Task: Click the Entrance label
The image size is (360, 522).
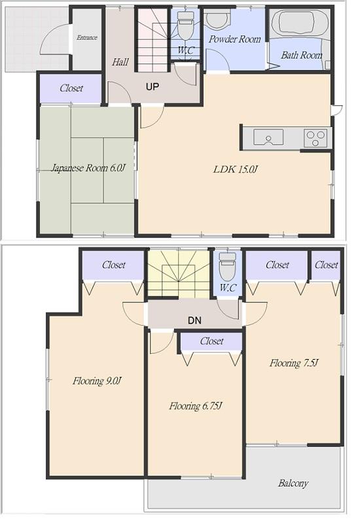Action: tap(86, 38)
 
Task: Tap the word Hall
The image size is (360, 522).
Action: tap(120, 63)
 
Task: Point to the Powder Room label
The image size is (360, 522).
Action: tap(234, 39)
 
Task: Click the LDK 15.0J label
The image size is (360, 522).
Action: tap(236, 169)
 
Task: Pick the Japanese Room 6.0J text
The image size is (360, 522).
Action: tap(88, 168)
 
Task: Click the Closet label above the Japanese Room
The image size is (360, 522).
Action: tap(71, 88)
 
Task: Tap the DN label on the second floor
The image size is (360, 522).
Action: tap(194, 321)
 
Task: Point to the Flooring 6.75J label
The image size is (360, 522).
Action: tap(196, 406)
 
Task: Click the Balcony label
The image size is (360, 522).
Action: tap(293, 483)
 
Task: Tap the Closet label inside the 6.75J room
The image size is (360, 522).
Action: tap(211, 341)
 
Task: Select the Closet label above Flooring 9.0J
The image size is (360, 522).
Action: tap(113, 265)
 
